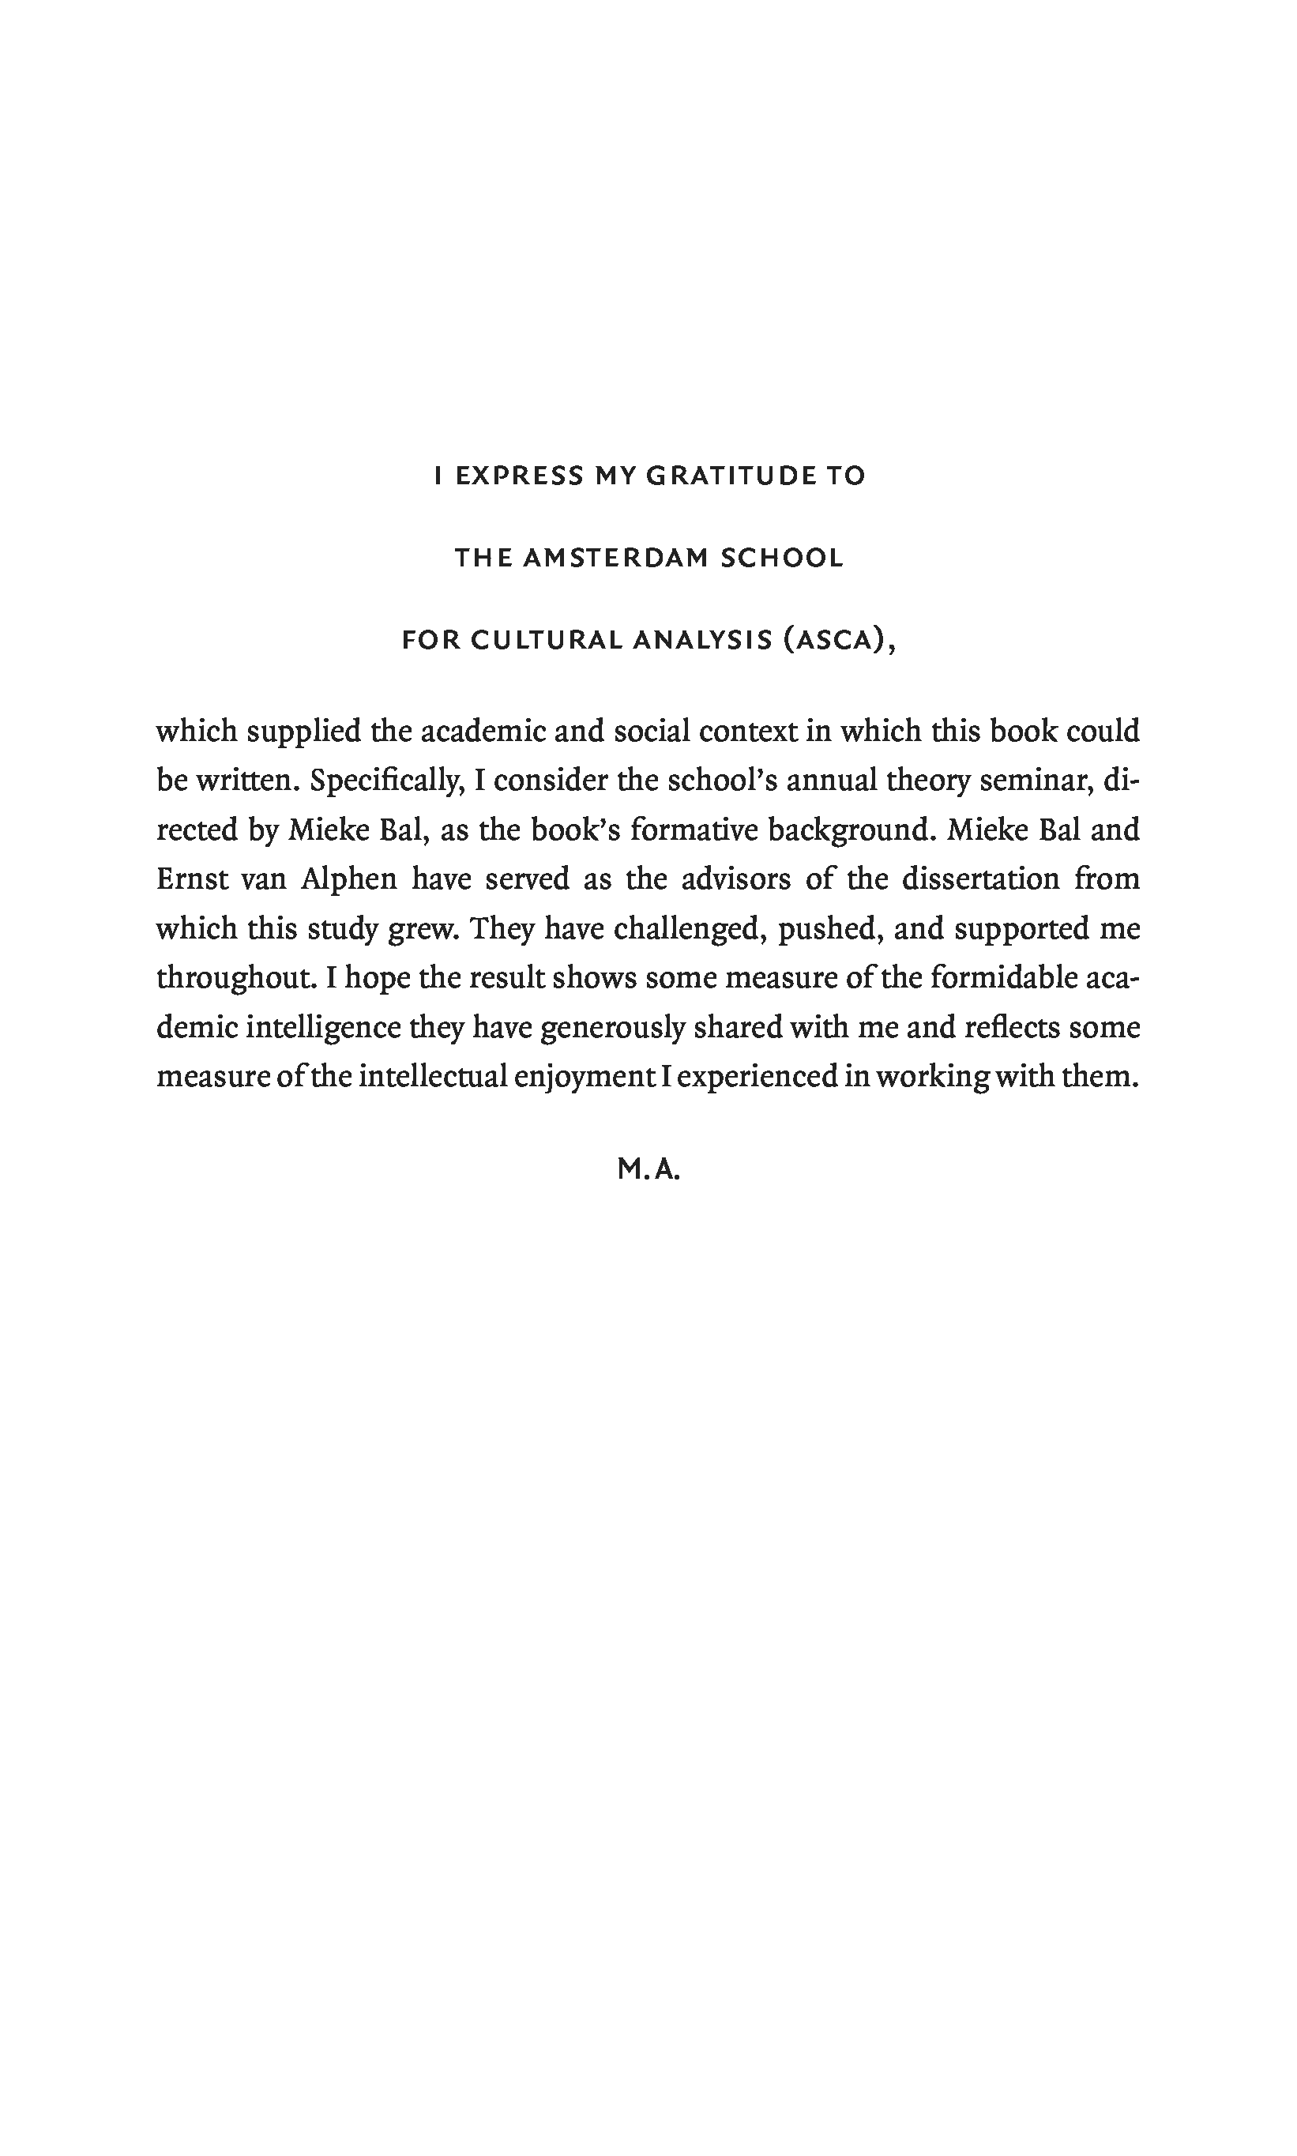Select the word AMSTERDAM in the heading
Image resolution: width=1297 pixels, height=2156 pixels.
click(x=615, y=559)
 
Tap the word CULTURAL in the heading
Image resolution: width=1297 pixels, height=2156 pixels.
click(x=547, y=641)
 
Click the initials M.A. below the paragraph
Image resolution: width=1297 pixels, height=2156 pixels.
click(x=648, y=1169)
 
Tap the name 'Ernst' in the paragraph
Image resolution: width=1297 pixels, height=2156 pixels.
click(x=192, y=879)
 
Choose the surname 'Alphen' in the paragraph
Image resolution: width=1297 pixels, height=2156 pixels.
click(x=348, y=879)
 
